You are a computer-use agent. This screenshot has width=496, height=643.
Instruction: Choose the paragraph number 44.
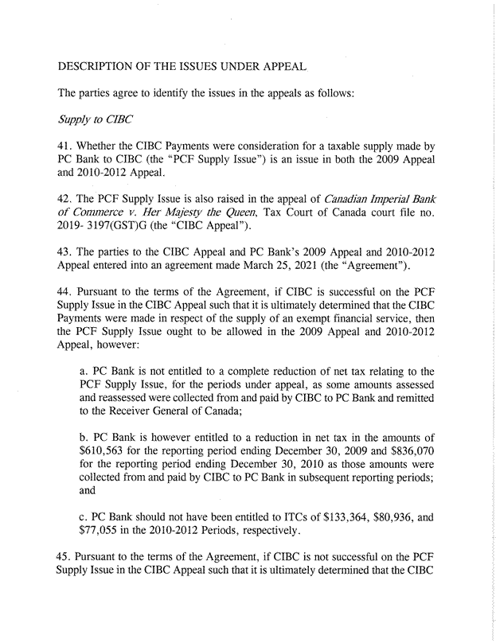pos(67,306)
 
